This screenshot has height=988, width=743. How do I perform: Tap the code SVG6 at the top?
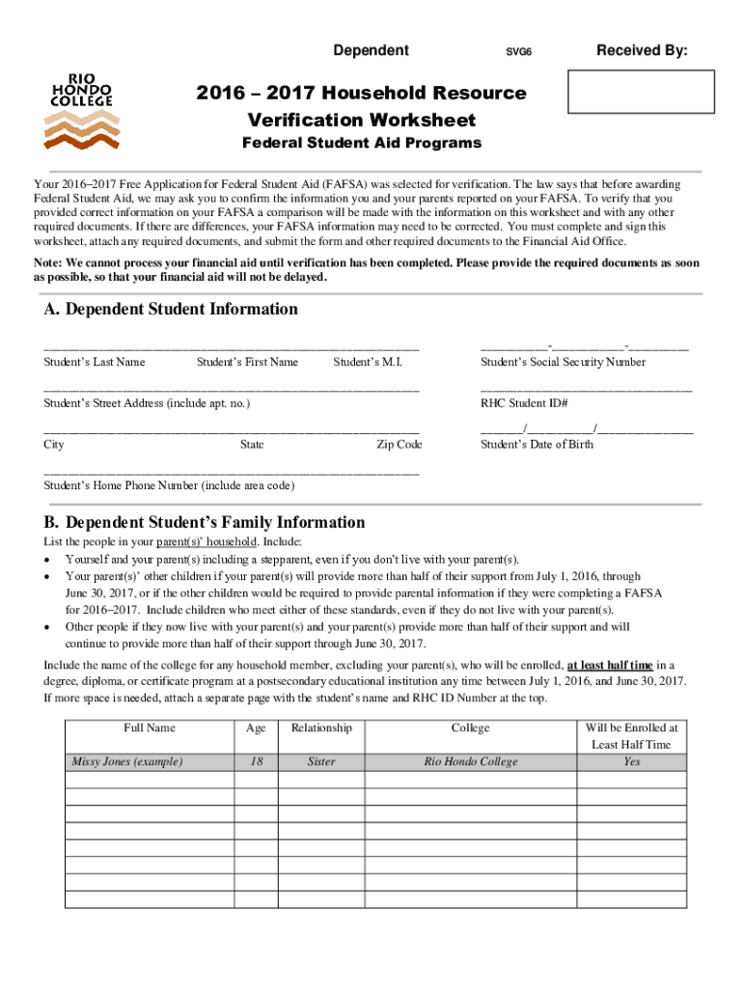(519, 51)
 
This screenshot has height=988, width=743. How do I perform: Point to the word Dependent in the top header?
(371, 50)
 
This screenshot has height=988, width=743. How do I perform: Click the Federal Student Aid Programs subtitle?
(361, 143)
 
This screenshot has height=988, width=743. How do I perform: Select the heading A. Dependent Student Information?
(171, 309)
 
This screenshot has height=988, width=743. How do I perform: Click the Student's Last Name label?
(95, 362)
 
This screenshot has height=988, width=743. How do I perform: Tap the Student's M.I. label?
(368, 362)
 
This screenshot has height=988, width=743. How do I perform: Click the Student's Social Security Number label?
(564, 362)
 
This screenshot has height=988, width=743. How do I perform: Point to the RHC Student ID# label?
(524, 403)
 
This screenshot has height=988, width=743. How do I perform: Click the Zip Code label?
(399, 445)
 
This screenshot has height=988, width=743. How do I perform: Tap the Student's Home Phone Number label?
(169, 485)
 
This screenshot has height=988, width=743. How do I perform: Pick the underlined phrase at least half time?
(610, 665)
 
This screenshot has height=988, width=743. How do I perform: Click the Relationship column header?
(321, 727)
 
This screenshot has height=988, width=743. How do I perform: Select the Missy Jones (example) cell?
(127, 761)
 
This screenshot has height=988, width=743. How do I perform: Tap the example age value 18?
(256, 761)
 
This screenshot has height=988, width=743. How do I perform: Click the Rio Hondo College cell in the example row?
(471, 761)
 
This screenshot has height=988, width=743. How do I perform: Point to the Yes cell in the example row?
(632, 761)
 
